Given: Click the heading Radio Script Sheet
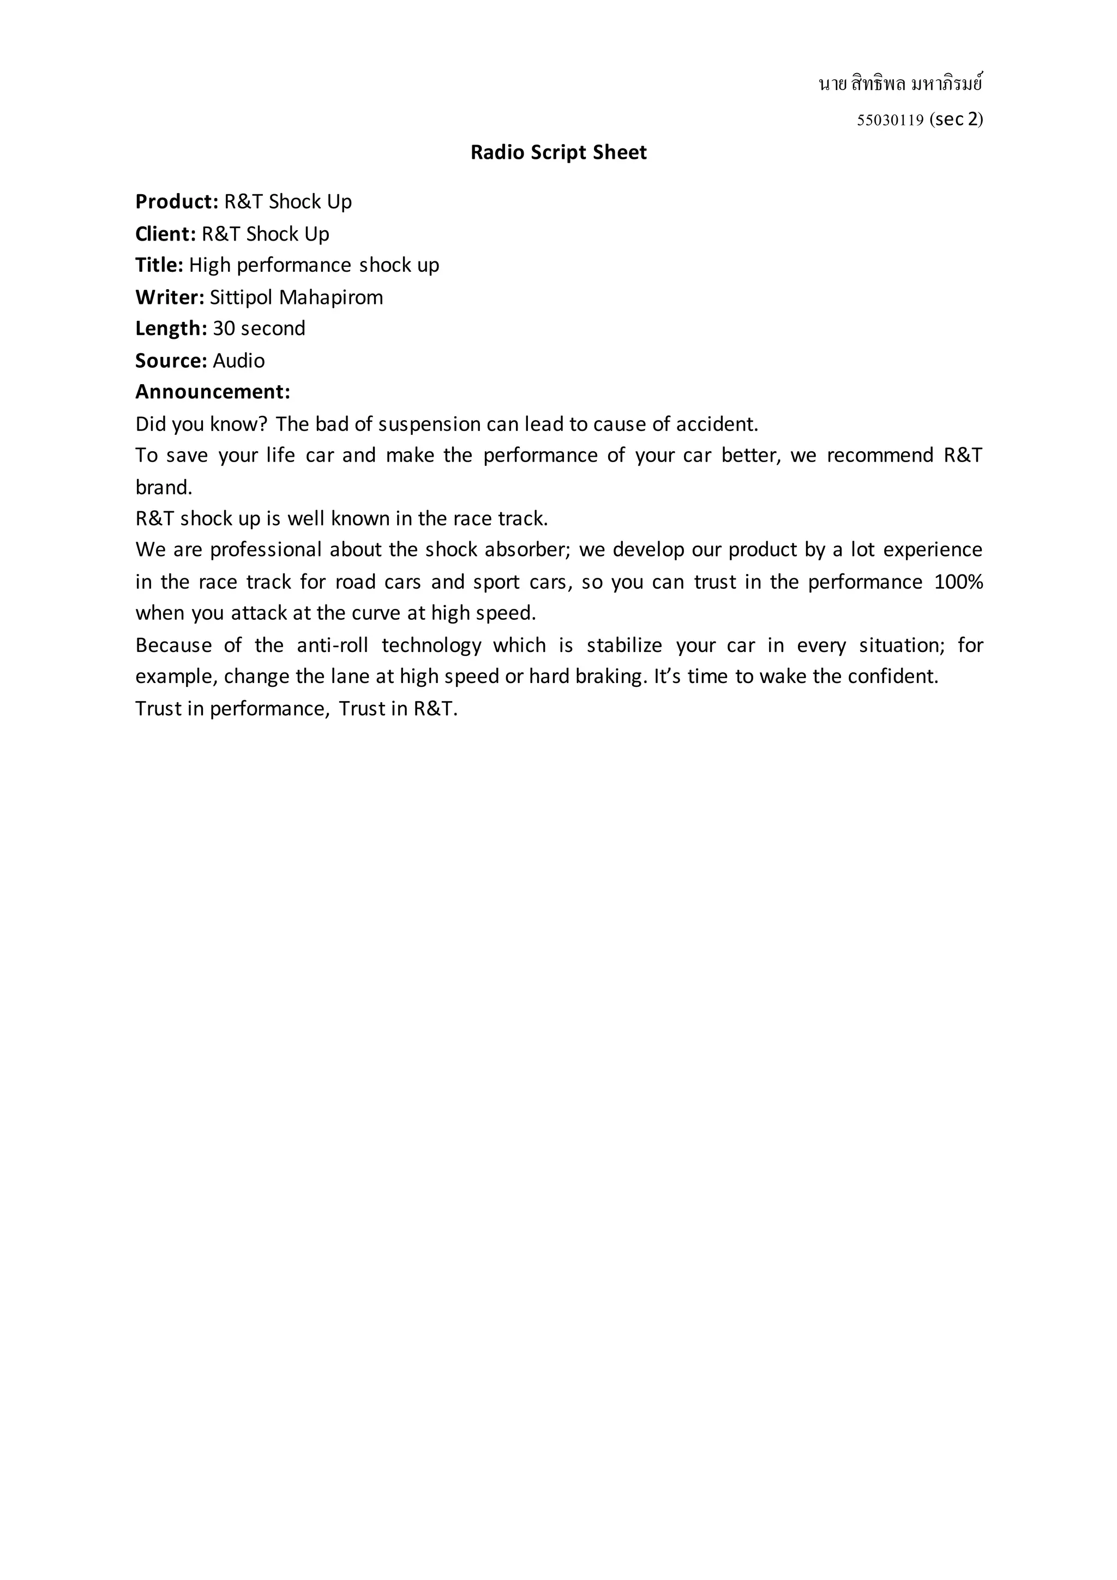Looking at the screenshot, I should coord(558,152).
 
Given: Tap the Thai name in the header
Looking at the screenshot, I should coord(900,84).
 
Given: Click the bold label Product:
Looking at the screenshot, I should coord(177,202).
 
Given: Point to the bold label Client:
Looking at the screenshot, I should coord(166,234).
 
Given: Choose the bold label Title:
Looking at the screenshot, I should coord(159,265).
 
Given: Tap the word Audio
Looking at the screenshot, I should coord(239,361).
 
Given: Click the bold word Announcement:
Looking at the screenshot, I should coord(213,392).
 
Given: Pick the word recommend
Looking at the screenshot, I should coord(880,456).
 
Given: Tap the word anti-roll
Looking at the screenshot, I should coord(332,645).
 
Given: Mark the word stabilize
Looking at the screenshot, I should coord(624,645).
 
